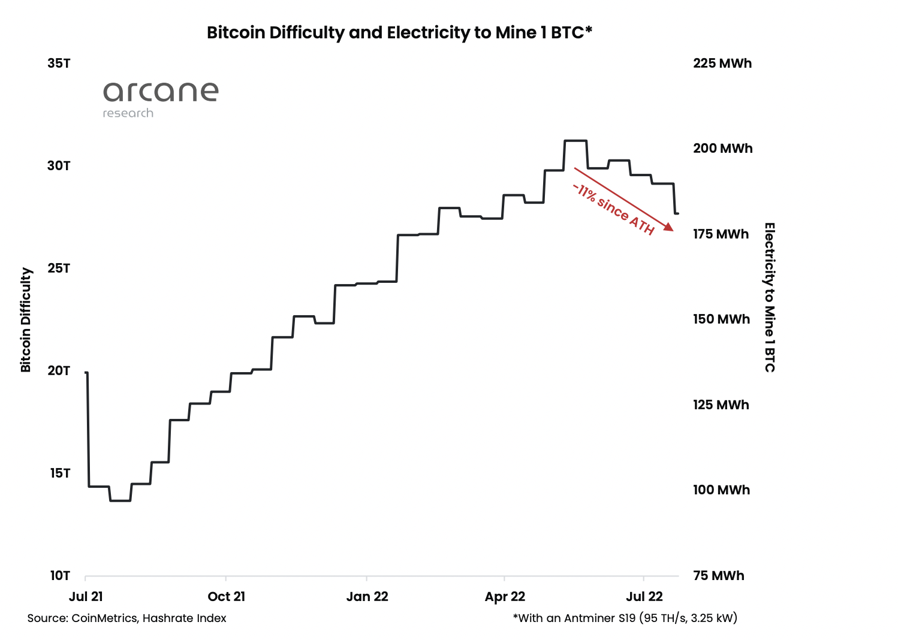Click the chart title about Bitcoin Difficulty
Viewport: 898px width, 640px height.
(399, 32)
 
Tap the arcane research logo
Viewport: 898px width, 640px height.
(161, 99)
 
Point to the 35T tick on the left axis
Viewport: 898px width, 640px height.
(59, 64)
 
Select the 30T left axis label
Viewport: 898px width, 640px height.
(59, 166)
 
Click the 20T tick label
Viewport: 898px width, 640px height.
(59, 371)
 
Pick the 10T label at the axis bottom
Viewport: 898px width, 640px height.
(59, 576)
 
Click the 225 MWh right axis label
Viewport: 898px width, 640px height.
(722, 64)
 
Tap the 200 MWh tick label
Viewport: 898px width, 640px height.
(722, 149)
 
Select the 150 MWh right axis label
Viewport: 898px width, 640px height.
(721, 319)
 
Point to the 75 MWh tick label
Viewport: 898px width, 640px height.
(718, 576)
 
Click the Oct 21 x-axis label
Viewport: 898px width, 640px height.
(226, 597)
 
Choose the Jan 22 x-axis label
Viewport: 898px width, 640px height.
(367, 597)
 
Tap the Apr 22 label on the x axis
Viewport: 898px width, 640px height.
(505, 597)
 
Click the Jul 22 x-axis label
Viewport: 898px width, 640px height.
(644, 597)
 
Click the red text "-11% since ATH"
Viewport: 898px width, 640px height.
(613, 209)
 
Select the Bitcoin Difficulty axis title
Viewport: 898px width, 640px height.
(26, 319)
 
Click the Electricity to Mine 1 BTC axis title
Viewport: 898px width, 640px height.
(770, 297)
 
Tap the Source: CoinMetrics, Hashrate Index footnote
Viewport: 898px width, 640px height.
(126, 618)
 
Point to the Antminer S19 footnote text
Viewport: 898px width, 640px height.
(625, 618)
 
